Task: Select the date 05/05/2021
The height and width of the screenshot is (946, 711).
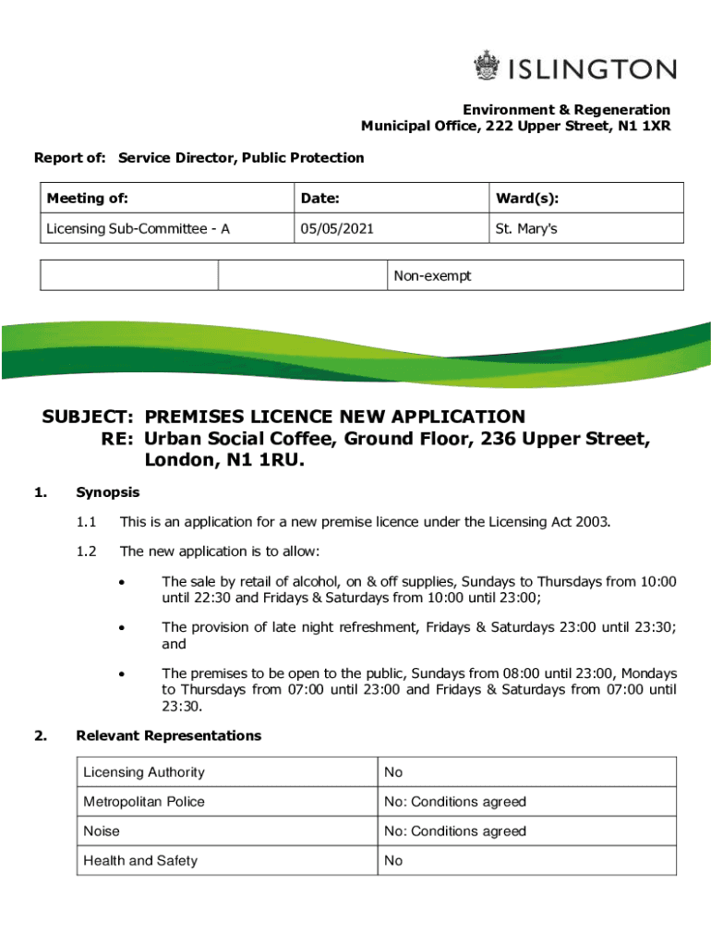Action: [336, 228]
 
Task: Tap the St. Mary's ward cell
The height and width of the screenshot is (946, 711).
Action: [526, 228]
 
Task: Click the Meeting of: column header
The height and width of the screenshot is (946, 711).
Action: [88, 199]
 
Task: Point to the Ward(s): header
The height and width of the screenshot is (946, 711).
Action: [527, 199]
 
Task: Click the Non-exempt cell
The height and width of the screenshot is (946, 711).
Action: [432, 275]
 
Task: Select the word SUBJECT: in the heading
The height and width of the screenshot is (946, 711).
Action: [90, 417]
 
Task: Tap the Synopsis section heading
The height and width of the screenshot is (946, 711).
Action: [108, 492]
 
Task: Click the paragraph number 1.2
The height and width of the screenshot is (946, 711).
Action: [87, 552]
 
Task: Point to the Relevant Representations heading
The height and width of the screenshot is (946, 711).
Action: [169, 735]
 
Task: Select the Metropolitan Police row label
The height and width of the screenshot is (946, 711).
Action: [144, 802]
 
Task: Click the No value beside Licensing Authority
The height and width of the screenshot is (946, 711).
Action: [393, 772]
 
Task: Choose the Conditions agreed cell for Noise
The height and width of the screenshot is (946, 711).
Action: [455, 831]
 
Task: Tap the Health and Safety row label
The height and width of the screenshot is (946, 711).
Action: [140, 861]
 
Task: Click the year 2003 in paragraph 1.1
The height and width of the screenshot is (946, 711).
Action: [592, 522]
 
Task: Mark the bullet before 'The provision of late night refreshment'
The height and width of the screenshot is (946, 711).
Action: [121, 628]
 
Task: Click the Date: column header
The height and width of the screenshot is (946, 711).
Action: [319, 199]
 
